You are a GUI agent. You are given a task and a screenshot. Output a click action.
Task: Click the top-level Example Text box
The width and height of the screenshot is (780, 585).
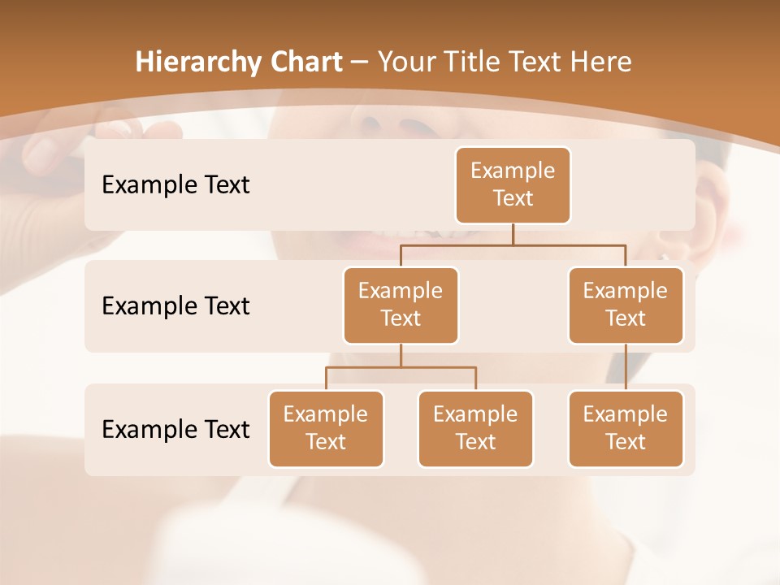click(513, 184)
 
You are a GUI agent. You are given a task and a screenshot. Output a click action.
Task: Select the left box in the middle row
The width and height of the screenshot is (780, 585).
click(401, 305)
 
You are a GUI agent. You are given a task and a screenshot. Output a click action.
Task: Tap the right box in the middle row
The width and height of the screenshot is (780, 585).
click(626, 305)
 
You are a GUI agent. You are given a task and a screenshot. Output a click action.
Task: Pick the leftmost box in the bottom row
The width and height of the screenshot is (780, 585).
click(326, 428)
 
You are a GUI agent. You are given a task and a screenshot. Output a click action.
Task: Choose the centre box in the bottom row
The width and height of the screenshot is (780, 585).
click(475, 428)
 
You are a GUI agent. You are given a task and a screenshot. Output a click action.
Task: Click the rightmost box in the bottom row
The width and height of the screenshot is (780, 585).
click(626, 428)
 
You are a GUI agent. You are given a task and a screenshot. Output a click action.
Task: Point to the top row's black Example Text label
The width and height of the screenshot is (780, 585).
click(175, 184)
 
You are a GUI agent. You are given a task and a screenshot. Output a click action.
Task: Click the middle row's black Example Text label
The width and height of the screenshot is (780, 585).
click(175, 305)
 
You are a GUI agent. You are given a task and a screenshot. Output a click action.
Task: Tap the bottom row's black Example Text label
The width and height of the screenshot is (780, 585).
click(175, 429)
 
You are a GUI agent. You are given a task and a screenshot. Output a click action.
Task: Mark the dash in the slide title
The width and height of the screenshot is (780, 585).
click(358, 63)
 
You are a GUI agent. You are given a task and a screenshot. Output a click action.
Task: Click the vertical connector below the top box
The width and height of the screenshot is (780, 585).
click(513, 234)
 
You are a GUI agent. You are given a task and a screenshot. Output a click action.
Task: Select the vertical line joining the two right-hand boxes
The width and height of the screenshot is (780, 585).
click(626, 367)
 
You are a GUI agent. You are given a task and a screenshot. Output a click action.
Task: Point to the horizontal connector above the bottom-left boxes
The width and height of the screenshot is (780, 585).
click(401, 367)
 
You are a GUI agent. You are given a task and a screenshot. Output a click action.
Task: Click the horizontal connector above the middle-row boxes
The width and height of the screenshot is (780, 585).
click(513, 245)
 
